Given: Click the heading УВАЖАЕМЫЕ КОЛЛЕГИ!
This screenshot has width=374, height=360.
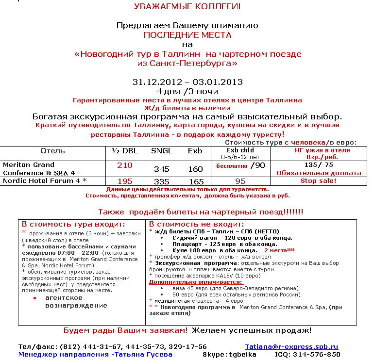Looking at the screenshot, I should tap(187, 7).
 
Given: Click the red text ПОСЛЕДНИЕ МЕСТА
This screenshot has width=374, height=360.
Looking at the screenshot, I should tap(187, 35).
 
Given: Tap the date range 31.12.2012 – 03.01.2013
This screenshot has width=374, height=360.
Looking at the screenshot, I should tap(187, 82).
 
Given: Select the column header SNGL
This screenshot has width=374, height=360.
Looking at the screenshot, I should tap(162, 151).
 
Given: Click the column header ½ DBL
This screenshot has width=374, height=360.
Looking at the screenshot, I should tap(125, 151).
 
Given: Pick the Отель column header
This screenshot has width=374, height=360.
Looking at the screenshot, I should tap(52, 151).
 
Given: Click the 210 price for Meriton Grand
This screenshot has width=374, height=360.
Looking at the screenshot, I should tap(125, 165).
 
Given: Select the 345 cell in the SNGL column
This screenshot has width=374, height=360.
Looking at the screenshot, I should tap(162, 169).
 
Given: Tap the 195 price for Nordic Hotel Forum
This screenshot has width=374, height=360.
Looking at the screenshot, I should tap(125, 181).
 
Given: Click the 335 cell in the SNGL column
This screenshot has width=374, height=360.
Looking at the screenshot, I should tap(162, 181).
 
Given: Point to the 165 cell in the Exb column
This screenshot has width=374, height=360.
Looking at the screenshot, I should tap(195, 181).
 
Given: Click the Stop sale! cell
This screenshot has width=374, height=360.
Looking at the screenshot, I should tap(318, 181).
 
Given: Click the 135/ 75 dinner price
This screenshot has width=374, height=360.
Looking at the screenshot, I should tap(318, 164).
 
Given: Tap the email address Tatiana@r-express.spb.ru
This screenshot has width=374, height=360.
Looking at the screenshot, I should tap(291, 347).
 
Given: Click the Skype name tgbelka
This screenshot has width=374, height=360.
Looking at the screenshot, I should tap(243, 355).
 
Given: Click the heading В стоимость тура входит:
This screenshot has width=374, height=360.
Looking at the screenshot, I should tap(73, 224).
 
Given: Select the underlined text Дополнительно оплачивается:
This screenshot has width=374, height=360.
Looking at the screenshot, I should tap(196, 281).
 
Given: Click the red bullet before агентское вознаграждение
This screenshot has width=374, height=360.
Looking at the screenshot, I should tap(34, 297).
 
